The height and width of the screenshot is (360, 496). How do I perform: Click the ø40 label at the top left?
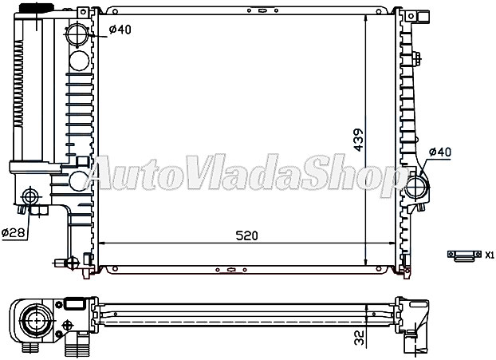click(x=120, y=30)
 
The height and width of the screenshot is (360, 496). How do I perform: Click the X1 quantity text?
click(x=490, y=255)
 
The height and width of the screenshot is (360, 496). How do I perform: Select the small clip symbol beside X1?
click(x=462, y=255)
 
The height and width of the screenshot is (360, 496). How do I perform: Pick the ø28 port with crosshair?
click(x=31, y=196)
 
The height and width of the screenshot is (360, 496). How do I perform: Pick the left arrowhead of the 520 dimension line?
click(x=100, y=243)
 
